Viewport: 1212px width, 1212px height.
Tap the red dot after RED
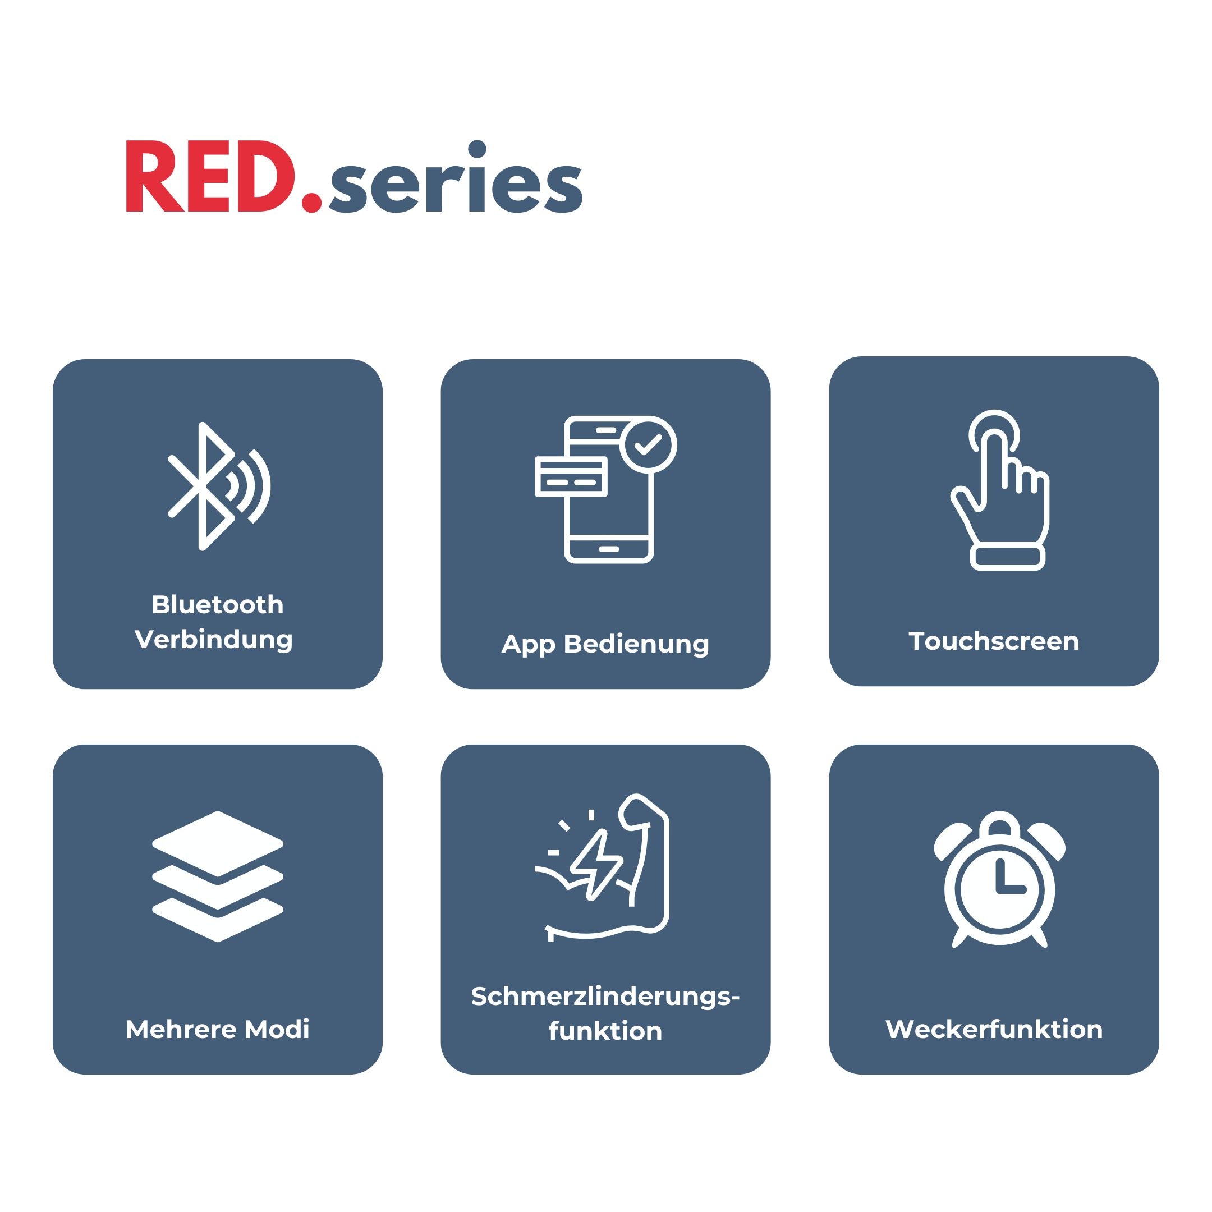click(x=312, y=201)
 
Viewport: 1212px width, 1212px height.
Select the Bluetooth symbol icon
click(x=219, y=486)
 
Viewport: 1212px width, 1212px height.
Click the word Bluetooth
click(x=218, y=605)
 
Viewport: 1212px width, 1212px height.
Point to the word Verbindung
click(x=214, y=640)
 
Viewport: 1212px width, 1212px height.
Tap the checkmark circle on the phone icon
click(x=648, y=445)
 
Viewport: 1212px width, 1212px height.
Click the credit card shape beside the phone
click(x=571, y=477)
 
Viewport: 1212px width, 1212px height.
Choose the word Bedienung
click(x=637, y=644)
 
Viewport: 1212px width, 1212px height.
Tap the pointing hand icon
click(x=999, y=490)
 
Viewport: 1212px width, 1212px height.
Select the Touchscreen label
click(x=994, y=641)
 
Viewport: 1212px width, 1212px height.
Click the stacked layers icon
click(x=218, y=876)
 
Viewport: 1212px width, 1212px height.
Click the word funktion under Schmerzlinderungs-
click(x=605, y=1031)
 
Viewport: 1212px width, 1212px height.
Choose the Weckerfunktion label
click(x=994, y=1030)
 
